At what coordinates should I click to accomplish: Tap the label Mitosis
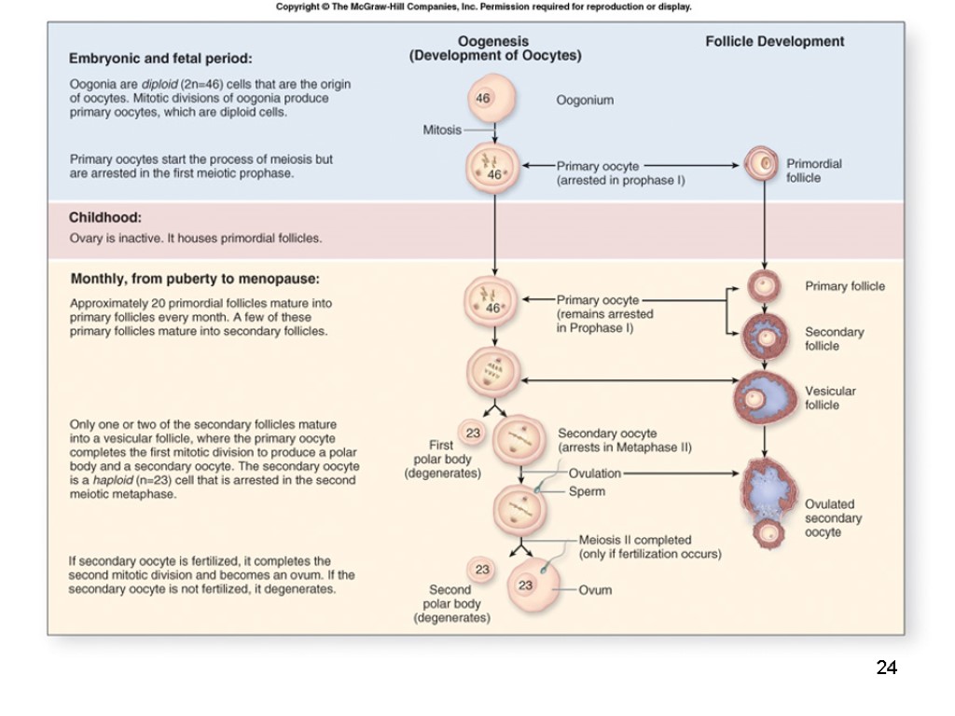click(x=442, y=131)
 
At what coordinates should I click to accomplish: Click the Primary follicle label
click(x=845, y=286)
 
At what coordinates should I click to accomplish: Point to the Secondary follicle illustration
click(x=765, y=337)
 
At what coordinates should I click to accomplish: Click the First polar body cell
click(x=474, y=433)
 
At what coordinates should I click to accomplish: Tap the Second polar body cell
click(x=482, y=570)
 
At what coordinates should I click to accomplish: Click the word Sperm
click(x=587, y=491)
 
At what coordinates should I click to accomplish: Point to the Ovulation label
click(x=595, y=474)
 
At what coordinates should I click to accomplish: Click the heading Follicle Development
click(x=774, y=41)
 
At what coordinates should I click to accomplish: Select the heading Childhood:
click(x=105, y=217)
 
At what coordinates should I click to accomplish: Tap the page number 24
click(x=886, y=667)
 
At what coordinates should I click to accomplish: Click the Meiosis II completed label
click(x=635, y=540)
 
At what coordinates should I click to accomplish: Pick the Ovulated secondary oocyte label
click(x=833, y=518)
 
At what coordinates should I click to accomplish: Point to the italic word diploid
click(x=160, y=84)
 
